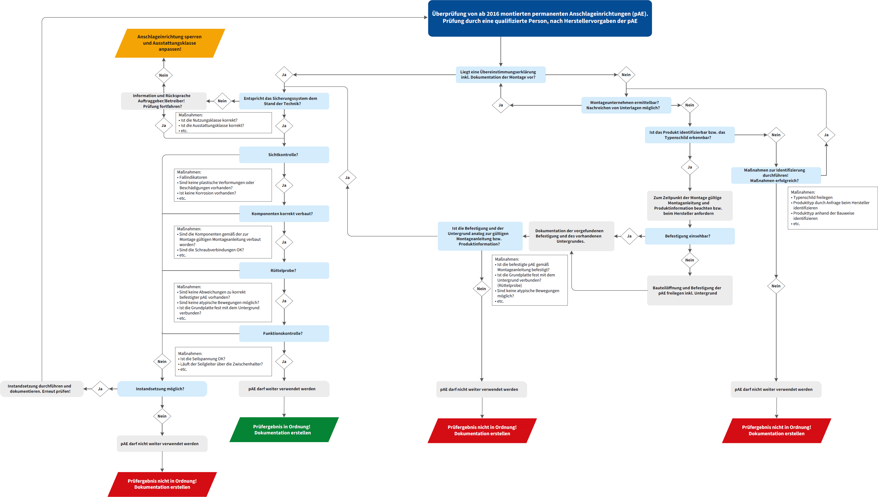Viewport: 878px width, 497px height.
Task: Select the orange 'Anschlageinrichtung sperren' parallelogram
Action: pyautogui.click(x=170, y=43)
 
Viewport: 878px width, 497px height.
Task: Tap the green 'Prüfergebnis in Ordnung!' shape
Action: pyautogui.click(x=283, y=429)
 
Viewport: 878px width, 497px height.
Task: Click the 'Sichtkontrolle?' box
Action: pyautogui.click(x=284, y=155)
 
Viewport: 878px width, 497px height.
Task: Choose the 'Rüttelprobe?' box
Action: pyautogui.click(x=284, y=270)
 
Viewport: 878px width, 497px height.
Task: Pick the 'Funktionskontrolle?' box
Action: pyautogui.click(x=284, y=333)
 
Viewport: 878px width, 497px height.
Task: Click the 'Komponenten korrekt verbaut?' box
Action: pyautogui.click(x=284, y=214)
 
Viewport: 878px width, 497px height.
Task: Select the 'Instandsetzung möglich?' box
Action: pyautogui.click(x=162, y=389)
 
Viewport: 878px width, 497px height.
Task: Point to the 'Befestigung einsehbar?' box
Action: pyautogui.click(x=689, y=236)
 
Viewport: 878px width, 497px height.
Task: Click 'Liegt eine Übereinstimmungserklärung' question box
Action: pyautogui.click(x=500, y=75)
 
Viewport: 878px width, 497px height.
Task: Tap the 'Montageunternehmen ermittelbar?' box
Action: pyautogui.click(x=626, y=105)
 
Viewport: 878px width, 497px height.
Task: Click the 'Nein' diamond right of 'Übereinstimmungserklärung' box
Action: pyautogui.click(x=626, y=75)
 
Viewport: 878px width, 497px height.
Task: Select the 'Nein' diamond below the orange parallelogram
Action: pyautogui.click(x=164, y=75)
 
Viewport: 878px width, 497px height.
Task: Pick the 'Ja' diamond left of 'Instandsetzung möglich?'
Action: pyautogui.click(x=100, y=389)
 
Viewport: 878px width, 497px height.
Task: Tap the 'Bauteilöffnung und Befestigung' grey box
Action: pyautogui.click(x=689, y=290)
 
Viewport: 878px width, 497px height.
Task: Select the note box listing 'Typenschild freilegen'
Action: pyautogui.click(x=832, y=208)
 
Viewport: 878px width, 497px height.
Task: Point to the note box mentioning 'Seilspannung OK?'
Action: pyautogui.click(x=223, y=362)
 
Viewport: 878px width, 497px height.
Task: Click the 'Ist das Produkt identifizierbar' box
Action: pyautogui.click(x=689, y=135)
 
